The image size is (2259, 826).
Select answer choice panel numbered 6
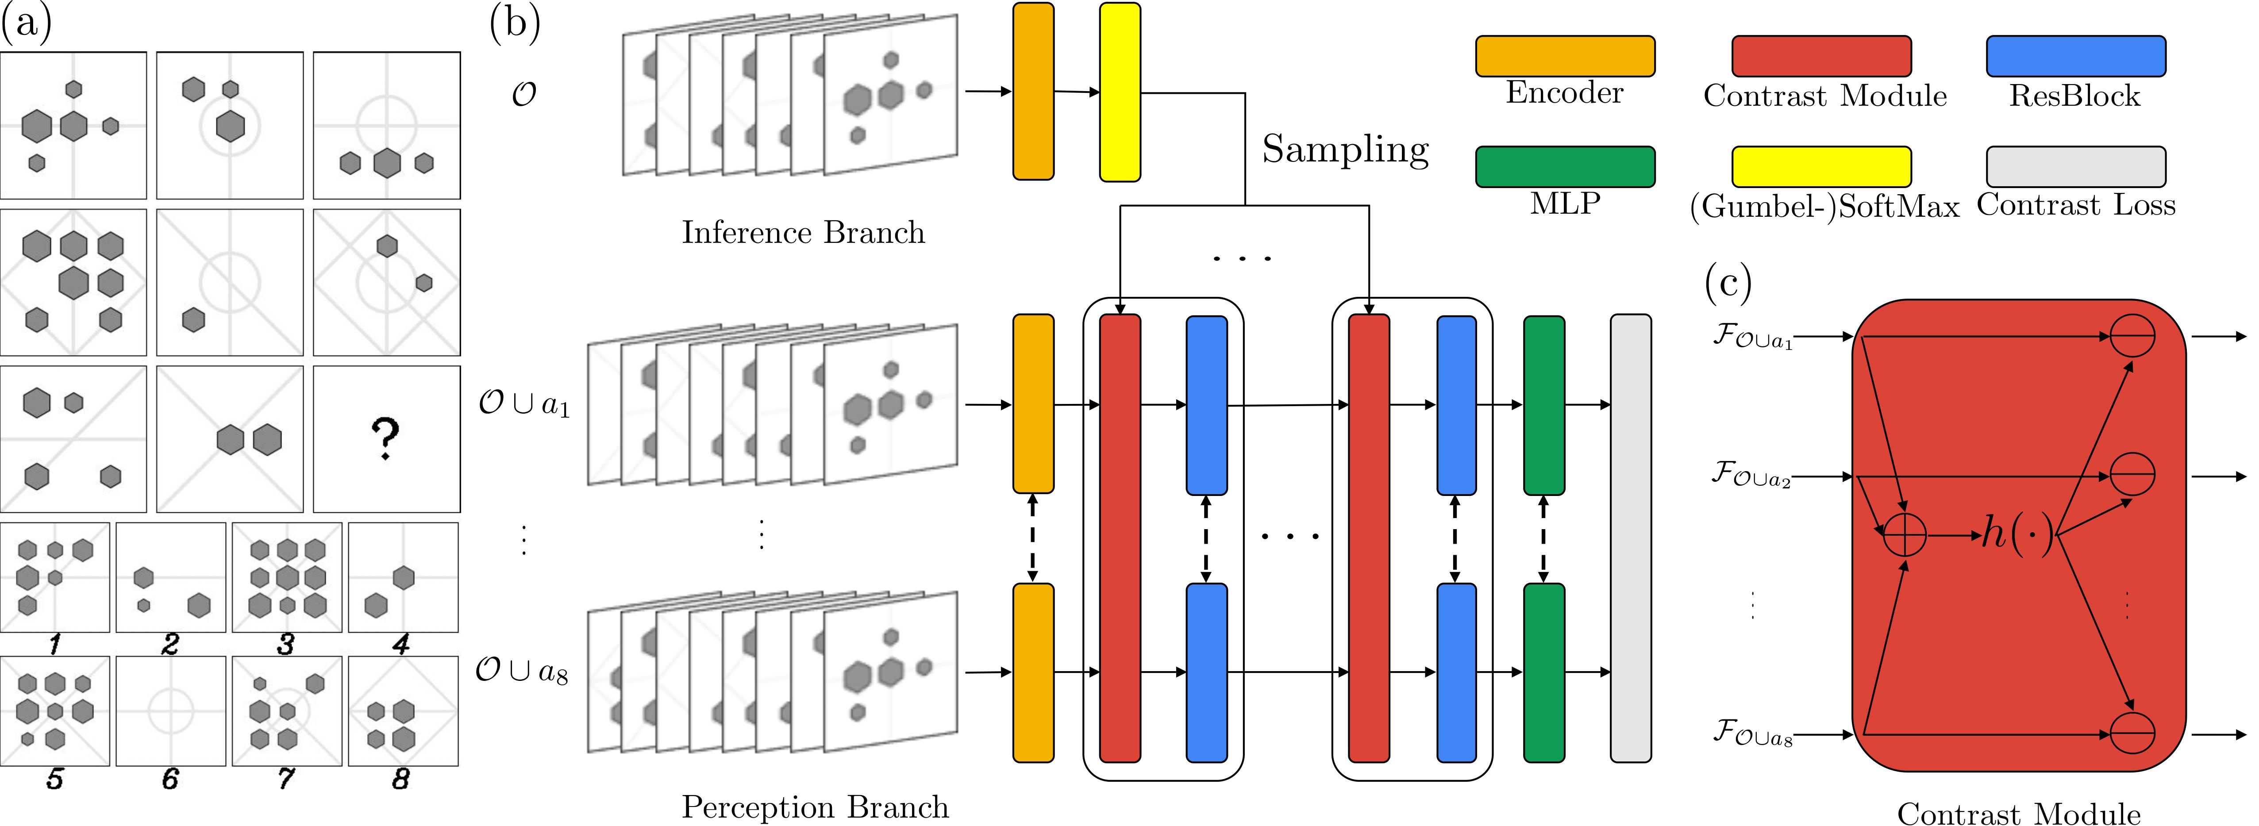coord(170,710)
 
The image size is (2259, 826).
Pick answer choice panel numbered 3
coord(287,577)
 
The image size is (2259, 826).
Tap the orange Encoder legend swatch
coord(1564,56)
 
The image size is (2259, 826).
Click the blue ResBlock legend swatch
coord(2075,56)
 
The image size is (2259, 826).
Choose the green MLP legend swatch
coord(1564,167)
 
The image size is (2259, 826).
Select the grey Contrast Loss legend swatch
coord(2075,167)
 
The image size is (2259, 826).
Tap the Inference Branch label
coord(803,232)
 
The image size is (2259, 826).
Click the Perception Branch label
coord(815,807)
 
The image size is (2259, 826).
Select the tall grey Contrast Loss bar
coord(1630,538)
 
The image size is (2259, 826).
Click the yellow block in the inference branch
coord(1120,92)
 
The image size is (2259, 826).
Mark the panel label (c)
coord(1728,282)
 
